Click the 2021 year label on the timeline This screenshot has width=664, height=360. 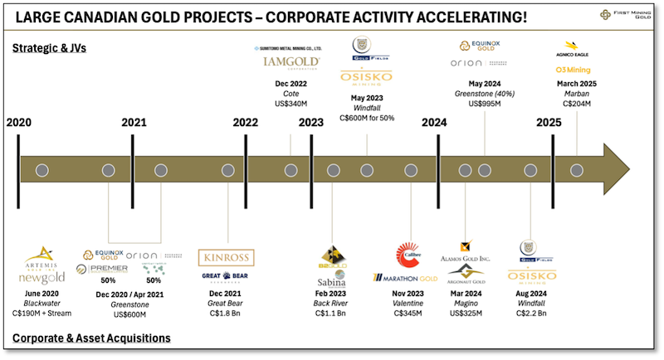point(134,122)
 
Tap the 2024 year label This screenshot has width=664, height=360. point(433,122)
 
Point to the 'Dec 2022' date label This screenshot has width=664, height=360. point(290,83)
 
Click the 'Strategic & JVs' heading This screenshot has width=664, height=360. point(49,48)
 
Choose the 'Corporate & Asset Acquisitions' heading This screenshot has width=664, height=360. point(91,338)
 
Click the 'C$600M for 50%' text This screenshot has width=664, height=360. point(367,118)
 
